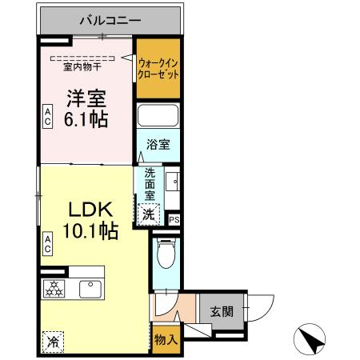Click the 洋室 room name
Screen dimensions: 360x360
86,100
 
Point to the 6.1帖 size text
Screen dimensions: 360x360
86,120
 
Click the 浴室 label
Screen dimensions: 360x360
156,145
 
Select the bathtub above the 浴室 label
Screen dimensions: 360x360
158,116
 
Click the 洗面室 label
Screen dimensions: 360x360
150,184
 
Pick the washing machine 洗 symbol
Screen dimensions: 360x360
148,214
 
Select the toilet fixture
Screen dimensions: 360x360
166,255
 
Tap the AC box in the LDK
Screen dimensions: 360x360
48,244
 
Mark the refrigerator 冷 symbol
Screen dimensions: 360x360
53,341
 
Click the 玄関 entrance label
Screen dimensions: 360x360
222,311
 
